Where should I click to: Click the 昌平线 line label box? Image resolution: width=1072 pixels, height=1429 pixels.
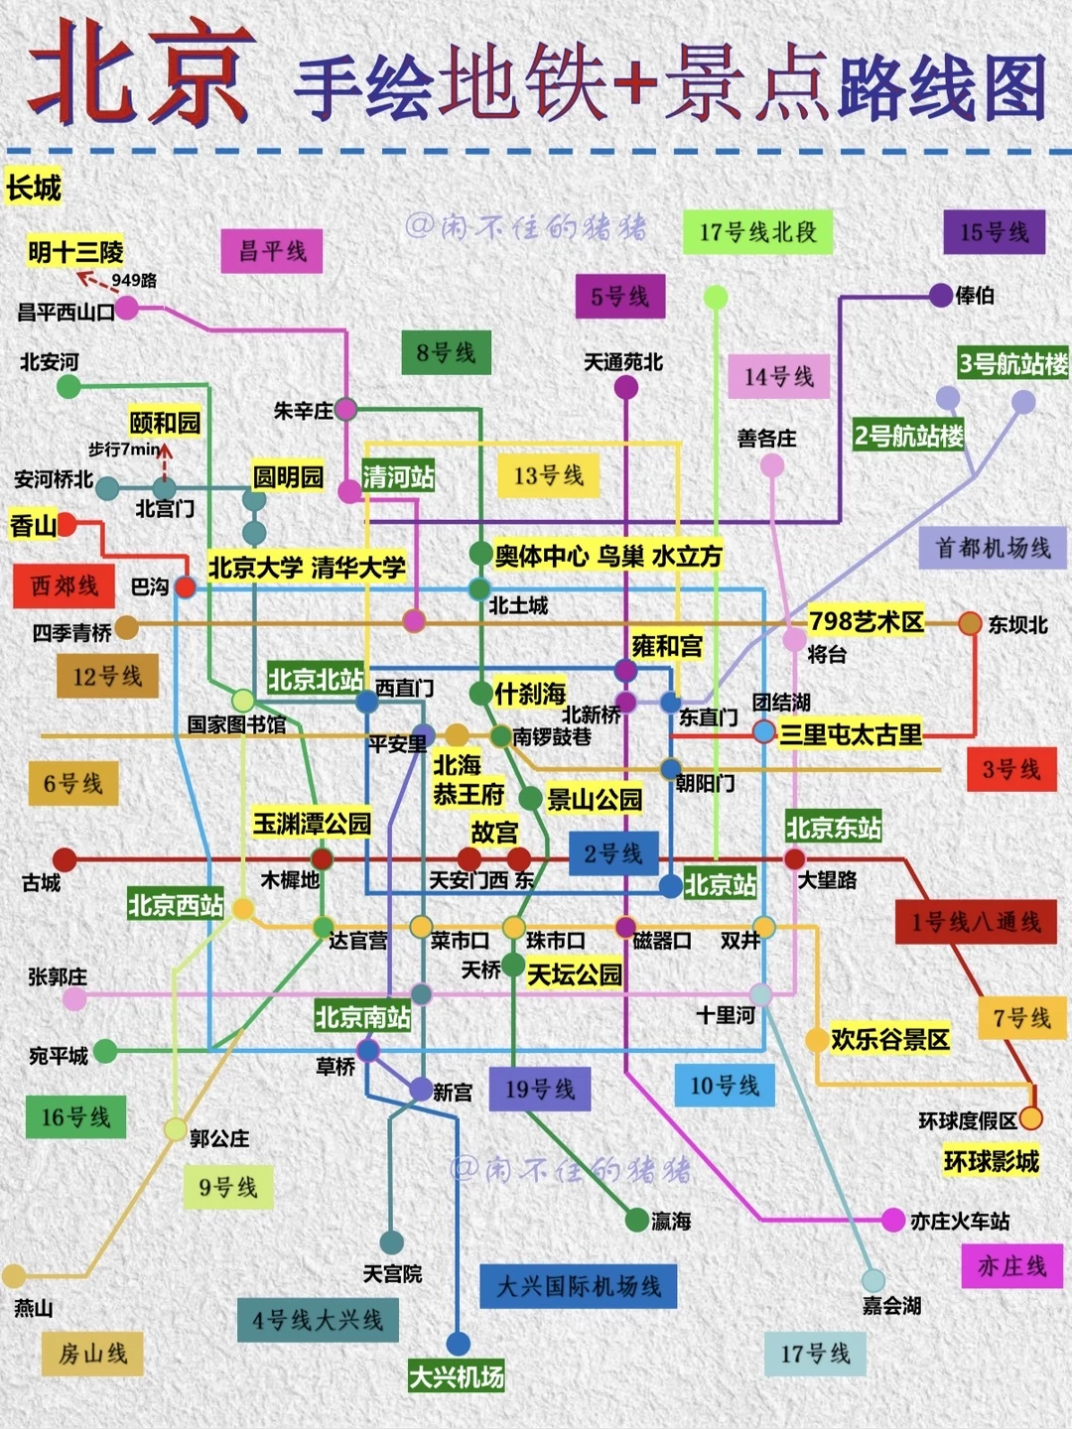click(x=272, y=251)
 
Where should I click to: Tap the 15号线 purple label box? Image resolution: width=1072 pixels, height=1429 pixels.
click(x=994, y=232)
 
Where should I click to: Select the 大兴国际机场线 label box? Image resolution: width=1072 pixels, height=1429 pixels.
click(x=579, y=1287)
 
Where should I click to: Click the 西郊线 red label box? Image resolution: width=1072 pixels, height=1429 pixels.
click(x=65, y=586)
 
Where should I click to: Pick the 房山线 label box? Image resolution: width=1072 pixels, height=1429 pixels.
click(x=92, y=1354)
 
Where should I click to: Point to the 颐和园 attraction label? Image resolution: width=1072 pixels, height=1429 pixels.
click(x=165, y=423)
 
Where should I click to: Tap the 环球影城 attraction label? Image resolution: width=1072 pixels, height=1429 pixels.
click(x=992, y=1160)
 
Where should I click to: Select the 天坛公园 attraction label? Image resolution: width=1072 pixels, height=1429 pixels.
click(x=575, y=974)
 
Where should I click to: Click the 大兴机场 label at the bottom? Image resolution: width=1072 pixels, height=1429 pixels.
click(x=457, y=1376)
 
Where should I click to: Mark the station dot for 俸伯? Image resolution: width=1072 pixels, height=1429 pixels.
click(x=941, y=295)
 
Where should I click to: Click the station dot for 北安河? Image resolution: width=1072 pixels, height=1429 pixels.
click(x=68, y=386)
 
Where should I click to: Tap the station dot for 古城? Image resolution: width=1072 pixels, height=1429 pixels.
click(x=65, y=859)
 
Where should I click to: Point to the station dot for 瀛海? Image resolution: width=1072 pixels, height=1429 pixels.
click(x=637, y=1220)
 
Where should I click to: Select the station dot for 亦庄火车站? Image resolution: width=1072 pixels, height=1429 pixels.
click(x=893, y=1221)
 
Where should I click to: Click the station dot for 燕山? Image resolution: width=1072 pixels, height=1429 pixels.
click(x=14, y=1276)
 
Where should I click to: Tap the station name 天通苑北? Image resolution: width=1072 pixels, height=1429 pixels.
click(x=623, y=362)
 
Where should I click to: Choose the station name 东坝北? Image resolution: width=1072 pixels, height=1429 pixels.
click(x=1017, y=624)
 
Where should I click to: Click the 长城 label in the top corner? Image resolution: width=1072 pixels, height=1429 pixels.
click(x=34, y=188)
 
